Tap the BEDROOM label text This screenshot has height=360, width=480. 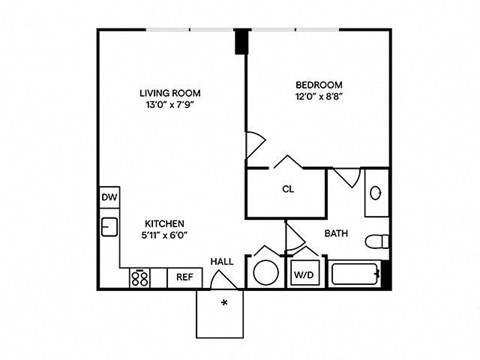tap(319, 85)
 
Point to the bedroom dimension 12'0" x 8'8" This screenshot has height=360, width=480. tap(319, 98)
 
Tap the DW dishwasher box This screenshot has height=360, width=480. tap(109, 198)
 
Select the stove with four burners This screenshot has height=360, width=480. tap(140, 277)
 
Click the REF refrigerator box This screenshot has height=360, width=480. tap(184, 277)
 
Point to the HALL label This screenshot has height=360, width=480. tap(222, 262)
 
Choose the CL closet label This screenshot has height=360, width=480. tap(287, 189)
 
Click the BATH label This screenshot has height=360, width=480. tap(336, 235)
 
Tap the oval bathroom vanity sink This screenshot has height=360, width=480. tap(376, 192)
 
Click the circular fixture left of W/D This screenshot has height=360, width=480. tap(267, 273)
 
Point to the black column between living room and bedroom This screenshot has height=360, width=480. tap(241, 43)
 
